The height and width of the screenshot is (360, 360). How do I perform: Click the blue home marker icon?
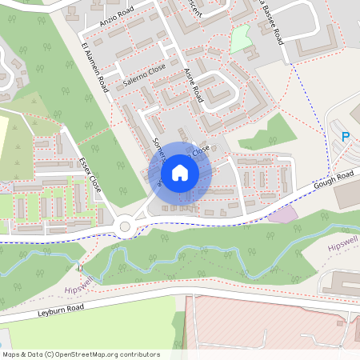pos(180,172)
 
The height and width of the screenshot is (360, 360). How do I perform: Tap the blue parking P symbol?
pos(346,137)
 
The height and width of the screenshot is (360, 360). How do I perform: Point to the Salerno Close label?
pos(145,75)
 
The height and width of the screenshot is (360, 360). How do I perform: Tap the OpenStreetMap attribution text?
pos(81,354)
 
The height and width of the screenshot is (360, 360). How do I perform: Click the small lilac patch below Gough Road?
pos(282,214)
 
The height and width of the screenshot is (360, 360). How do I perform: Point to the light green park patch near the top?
pos(241,39)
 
